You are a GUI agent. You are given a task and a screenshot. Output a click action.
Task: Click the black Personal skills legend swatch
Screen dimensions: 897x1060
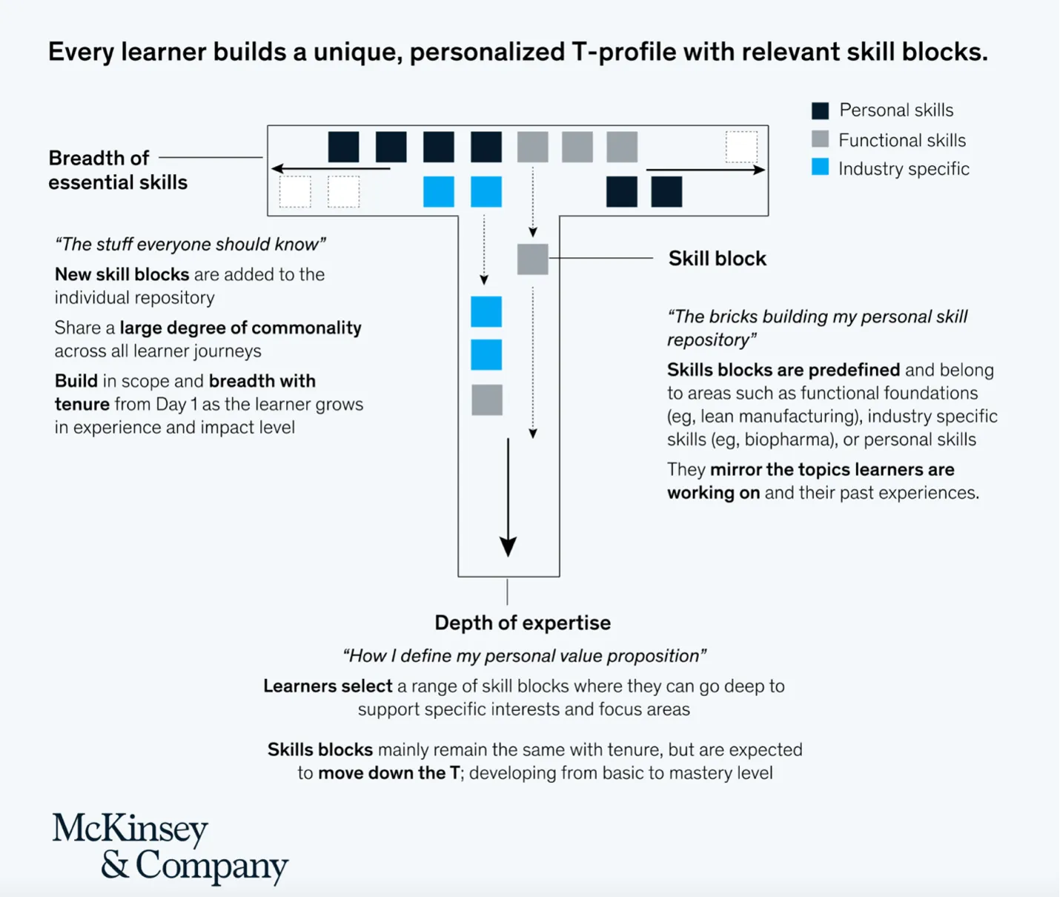pyautogui.click(x=820, y=111)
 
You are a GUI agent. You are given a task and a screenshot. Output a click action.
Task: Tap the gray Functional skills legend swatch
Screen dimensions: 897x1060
pyautogui.click(x=820, y=139)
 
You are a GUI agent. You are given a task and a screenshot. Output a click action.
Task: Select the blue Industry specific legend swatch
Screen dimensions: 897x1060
pyautogui.click(x=820, y=168)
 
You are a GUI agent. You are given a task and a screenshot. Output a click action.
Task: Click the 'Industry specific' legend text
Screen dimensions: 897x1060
pyautogui.click(x=904, y=169)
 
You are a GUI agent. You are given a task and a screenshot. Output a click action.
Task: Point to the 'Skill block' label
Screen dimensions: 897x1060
pyautogui.click(x=717, y=259)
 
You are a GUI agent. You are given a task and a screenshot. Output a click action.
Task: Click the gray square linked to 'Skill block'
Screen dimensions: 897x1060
pyautogui.click(x=532, y=259)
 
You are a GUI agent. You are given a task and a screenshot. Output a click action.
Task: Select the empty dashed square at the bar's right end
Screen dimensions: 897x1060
pyautogui.click(x=741, y=147)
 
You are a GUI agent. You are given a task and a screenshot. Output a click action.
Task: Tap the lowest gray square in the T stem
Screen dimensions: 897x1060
pyautogui.click(x=487, y=400)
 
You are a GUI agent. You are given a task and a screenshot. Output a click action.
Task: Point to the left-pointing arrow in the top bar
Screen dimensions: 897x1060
pyautogui.click(x=330, y=169)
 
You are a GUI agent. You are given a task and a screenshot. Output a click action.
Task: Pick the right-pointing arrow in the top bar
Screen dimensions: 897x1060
pyautogui.click(x=705, y=170)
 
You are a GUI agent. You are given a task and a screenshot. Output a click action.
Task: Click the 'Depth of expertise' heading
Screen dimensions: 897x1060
pyautogui.click(x=523, y=623)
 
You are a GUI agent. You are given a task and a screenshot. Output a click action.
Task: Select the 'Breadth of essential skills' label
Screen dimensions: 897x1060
pyautogui.click(x=118, y=170)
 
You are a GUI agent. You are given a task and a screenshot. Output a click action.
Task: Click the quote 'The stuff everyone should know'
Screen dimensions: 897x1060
pyautogui.click(x=191, y=244)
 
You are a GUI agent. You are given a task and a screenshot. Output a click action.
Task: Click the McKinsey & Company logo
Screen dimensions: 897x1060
pyautogui.click(x=170, y=848)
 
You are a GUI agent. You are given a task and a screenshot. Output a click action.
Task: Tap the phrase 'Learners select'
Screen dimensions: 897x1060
pyautogui.click(x=328, y=686)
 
